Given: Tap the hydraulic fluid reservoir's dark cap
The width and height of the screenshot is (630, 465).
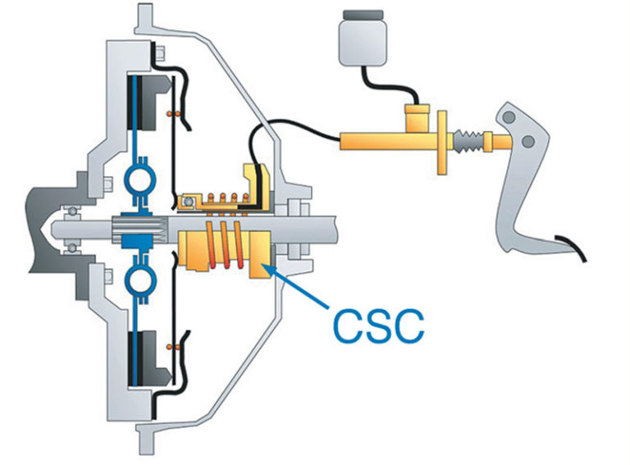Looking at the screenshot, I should (x=359, y=15).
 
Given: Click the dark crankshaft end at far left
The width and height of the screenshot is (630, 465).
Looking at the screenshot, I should (x=41, y=230).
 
